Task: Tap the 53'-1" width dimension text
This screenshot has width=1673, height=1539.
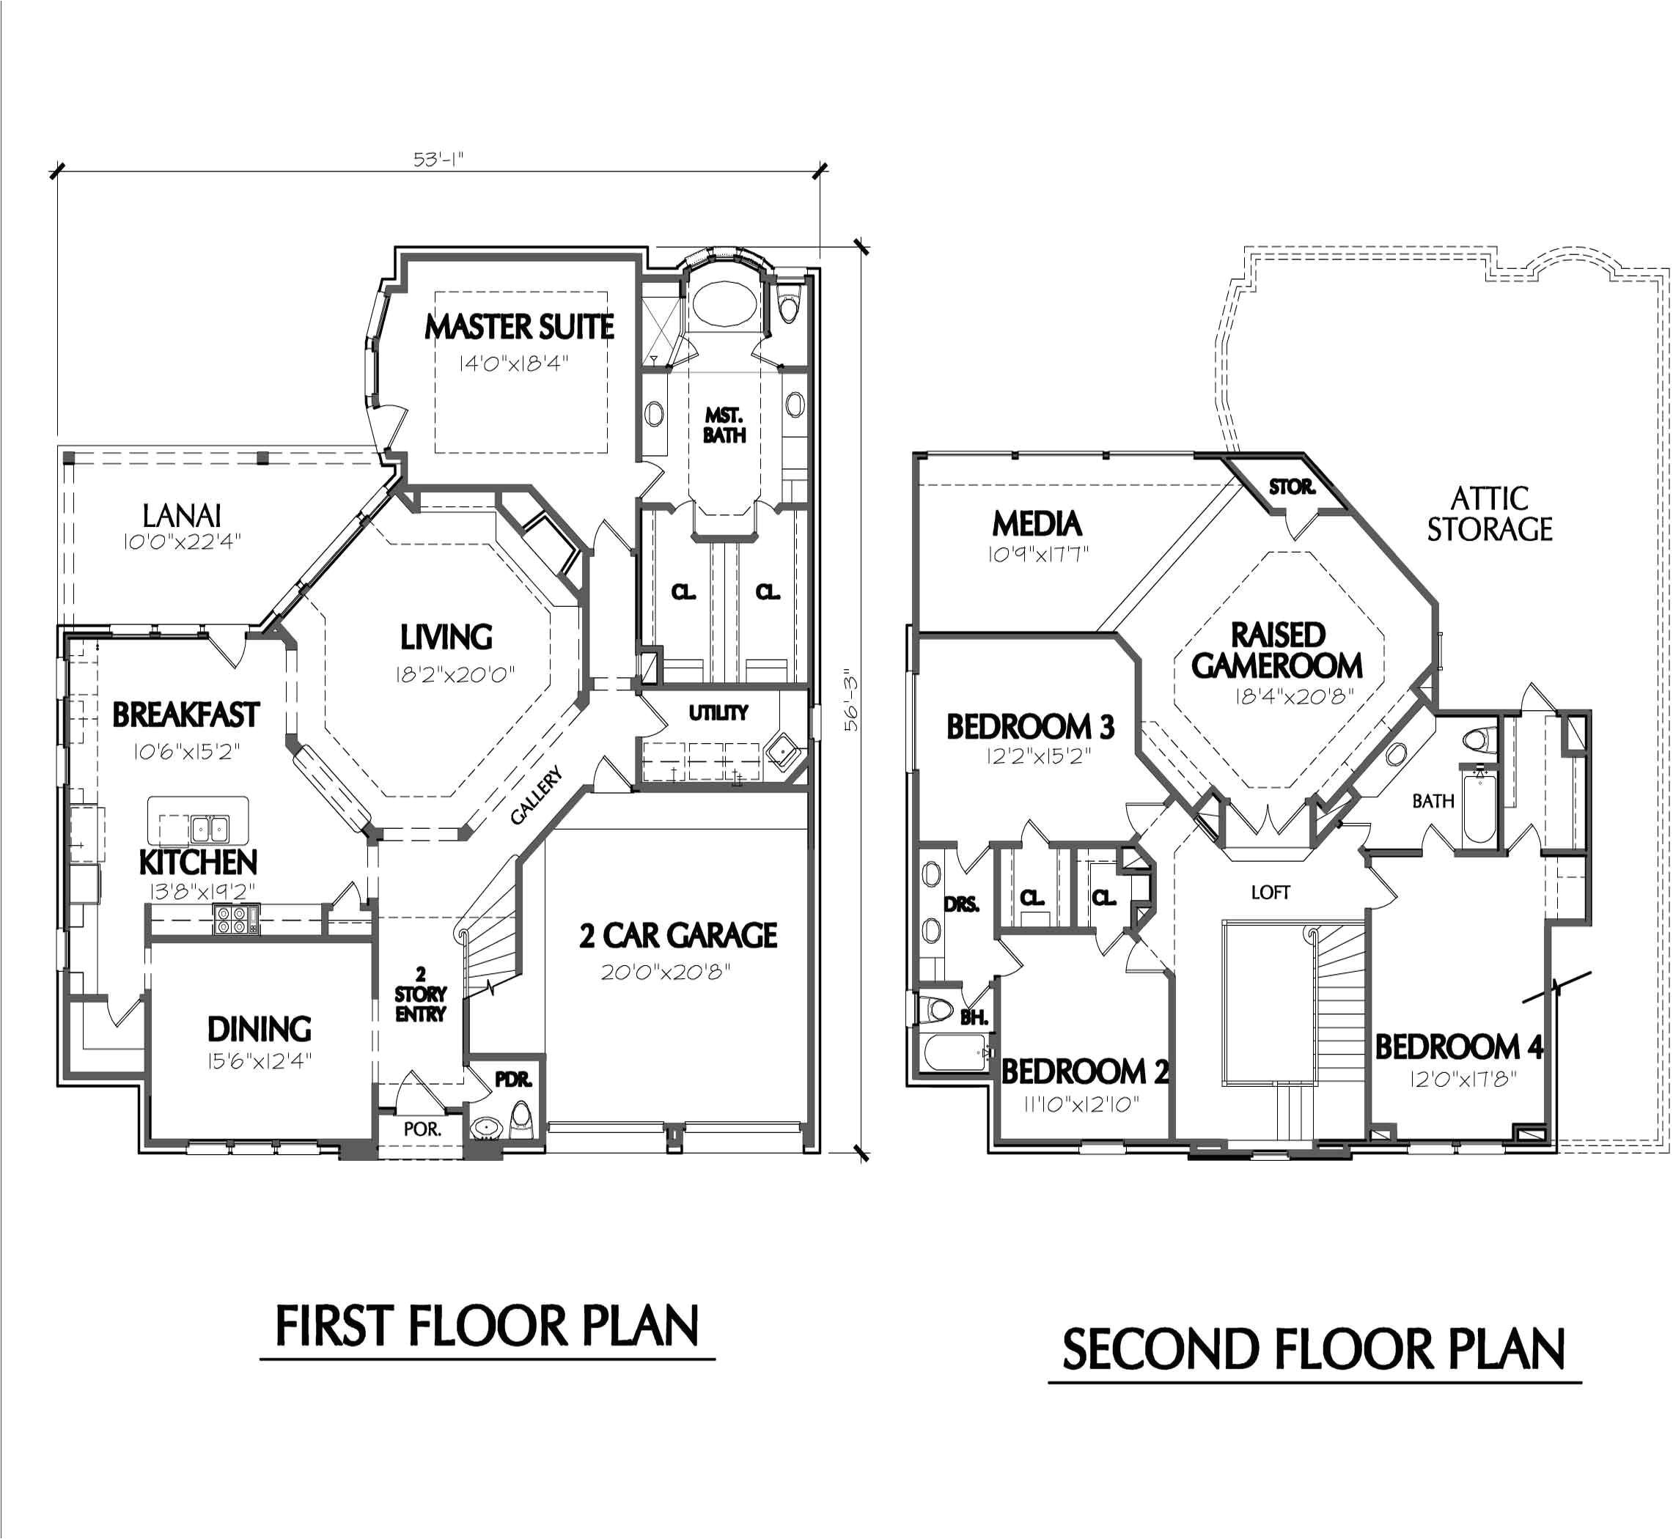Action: (438, 159)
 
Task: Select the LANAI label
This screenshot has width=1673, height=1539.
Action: (182, 515)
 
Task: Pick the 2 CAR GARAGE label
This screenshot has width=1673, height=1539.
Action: (678, 935)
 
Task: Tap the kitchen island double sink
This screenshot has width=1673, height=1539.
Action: (210, 829)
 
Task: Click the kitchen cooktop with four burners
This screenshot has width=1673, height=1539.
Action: (236, 918)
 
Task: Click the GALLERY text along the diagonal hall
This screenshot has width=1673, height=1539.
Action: (537, 796)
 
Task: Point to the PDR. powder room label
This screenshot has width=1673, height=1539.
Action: (513, 1079)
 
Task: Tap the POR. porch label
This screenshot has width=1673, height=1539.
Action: (422, 1129)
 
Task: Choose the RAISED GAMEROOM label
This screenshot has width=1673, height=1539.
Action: (1276, 651)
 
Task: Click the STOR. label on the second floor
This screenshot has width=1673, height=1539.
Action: (1292, 487)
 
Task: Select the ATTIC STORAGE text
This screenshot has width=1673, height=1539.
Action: (1489, 514)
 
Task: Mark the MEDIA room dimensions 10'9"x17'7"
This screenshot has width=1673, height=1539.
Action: (1037, 554)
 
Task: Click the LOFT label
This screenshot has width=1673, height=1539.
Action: (1270, 892)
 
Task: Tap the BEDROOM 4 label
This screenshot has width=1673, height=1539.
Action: (1458, 1046)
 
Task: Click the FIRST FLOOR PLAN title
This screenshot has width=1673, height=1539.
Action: (487, 1326)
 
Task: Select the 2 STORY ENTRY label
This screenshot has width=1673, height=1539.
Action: (421, 994)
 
